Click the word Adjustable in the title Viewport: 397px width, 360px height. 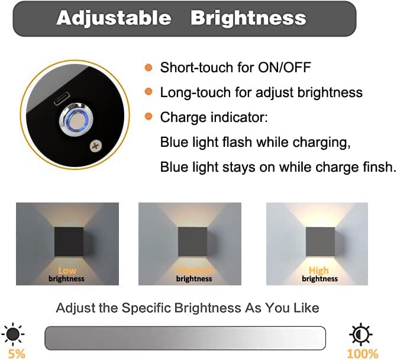[113, 18]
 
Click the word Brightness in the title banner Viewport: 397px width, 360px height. [248, 18]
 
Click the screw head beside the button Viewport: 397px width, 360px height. [94, 146]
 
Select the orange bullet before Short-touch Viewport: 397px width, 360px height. [149, 67]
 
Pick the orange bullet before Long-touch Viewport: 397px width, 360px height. [149, 92]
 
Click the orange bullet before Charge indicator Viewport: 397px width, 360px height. [149, 117]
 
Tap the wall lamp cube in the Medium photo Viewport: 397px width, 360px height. [195, 241]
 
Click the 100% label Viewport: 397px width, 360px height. [362, 353]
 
